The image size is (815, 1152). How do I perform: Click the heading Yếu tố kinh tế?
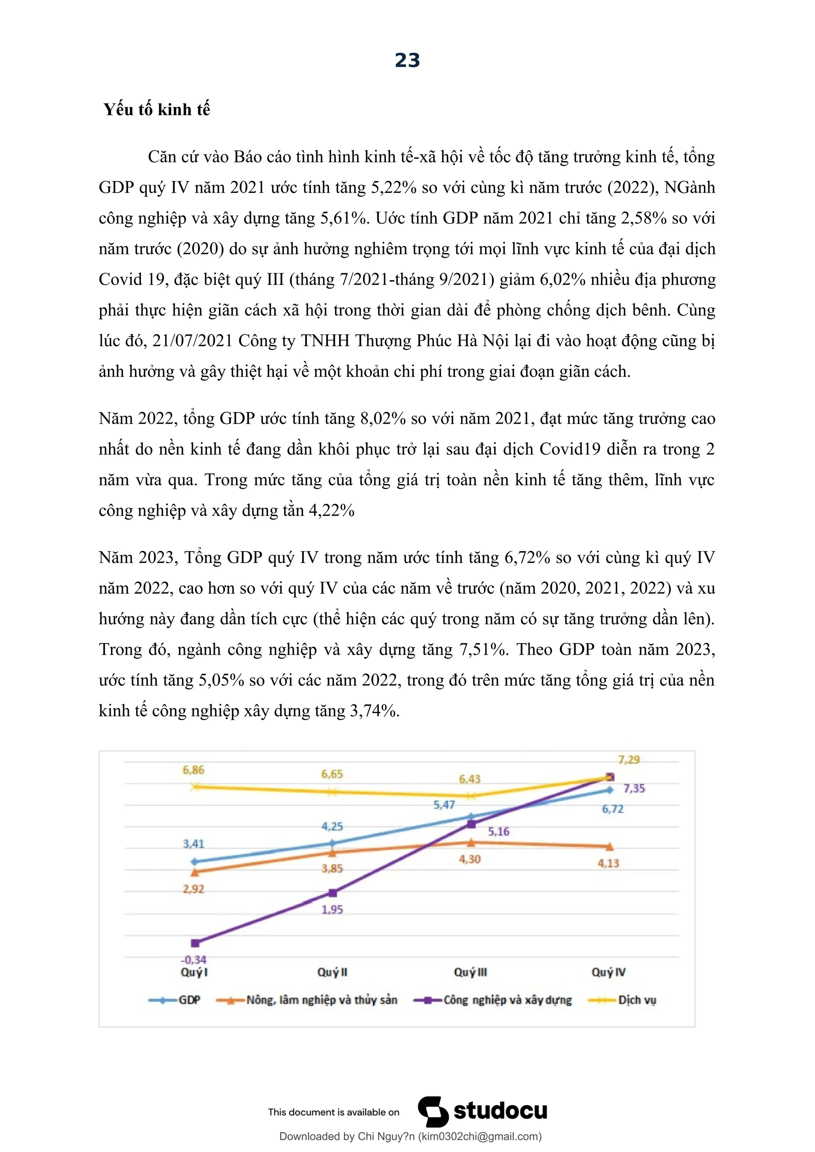pos(156,109)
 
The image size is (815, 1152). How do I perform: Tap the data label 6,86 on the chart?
pos(193,770)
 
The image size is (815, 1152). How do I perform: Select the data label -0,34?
pos(194,960)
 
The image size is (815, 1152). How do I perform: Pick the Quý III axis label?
pos(470,972)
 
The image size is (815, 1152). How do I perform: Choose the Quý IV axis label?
pos(608,972)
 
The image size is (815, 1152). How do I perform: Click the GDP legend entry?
pos(189,1000)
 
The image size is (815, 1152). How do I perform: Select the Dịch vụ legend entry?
pos(637,1000)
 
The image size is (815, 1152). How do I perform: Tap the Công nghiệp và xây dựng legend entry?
pos(507,1000)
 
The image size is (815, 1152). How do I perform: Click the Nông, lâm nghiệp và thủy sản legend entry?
pos(321,1000)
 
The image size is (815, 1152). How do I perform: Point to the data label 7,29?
pos(629,760)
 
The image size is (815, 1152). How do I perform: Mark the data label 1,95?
pos(332,910)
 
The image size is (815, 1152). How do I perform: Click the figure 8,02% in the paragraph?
pos(383,418)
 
